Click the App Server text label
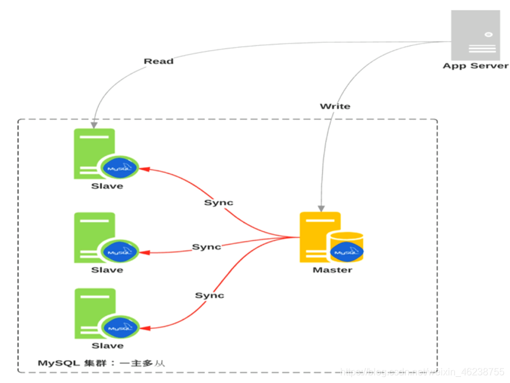[x=476, y=65]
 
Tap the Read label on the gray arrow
[x=158, y=61]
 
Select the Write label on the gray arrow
[x=335, y=106]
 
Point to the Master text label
[x=332, y=270]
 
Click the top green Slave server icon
[x=94, y=153]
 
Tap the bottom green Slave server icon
[x=94, y=313]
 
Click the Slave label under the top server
[x=107, y=186]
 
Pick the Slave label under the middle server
[x=107, y=270]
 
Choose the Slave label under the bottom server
[x=107, y=345]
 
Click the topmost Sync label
[x=218, y=203]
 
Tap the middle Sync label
[x=207, y=247]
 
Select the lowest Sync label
[x=209, y=295]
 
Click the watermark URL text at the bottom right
[x=423, y=371]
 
